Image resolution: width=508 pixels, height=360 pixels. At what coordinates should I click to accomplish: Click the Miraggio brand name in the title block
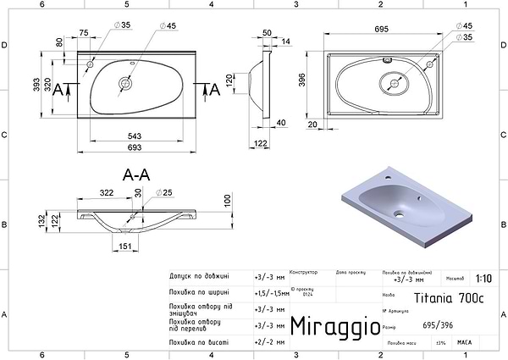point(329,326)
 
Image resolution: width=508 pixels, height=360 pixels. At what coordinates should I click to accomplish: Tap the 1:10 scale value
point(483,278)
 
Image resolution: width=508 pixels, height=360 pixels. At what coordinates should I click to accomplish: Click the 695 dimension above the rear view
point(381,29)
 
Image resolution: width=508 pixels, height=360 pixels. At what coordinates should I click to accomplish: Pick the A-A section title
point(136,176)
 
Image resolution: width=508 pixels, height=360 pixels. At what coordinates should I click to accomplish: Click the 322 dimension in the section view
point(107,194)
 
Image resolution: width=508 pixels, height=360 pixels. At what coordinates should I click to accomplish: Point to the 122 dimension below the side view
point(262,146)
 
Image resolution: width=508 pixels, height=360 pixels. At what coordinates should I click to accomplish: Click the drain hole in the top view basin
point(126,83)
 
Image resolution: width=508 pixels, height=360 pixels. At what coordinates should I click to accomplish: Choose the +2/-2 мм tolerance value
point(268,341)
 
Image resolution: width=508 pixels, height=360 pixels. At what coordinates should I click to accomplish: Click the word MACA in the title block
point(464,341)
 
